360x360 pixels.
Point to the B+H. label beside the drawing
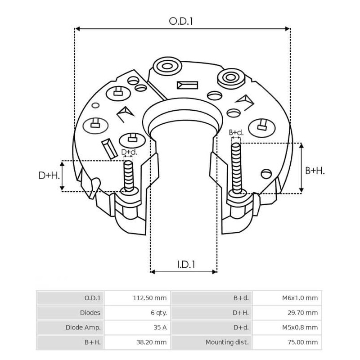click(315, 171)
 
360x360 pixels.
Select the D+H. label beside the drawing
click(49, 175)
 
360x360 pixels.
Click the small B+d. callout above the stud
click(236, 132)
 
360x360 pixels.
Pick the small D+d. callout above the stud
click(129, 153)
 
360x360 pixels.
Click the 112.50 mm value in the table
click(150, 298)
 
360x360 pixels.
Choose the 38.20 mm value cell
click(152, 342)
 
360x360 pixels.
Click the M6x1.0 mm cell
click(300, 298)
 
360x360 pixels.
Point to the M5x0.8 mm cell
click(300, 327)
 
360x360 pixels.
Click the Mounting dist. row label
click(227, 342)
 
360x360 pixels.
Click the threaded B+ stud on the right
click(236, 166)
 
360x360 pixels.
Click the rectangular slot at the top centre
click(187, 85)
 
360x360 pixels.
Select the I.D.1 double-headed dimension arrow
click(184, 272)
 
